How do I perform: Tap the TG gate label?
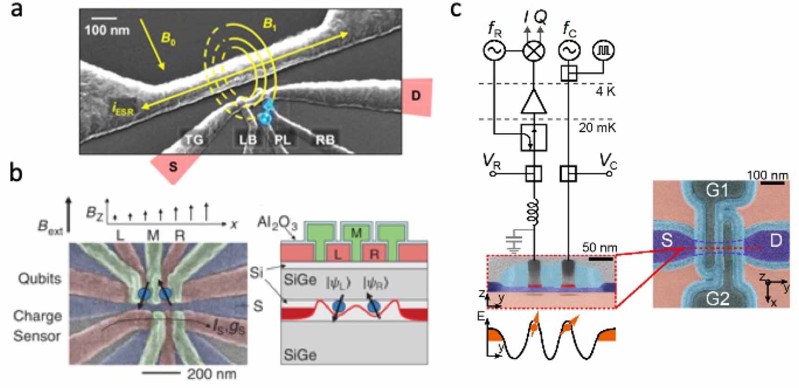point(194,139)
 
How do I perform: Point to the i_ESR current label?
point(122,109)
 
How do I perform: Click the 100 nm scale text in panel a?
point(107,31)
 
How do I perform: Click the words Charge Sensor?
point(37,326)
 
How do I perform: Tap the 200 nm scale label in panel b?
point(211,374)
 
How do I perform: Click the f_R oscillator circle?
point(494,51)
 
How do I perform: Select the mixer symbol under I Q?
point(534,51)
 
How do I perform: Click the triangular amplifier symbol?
point(534,102)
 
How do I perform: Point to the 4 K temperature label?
point(605,91)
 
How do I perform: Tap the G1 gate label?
point(716,191)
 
